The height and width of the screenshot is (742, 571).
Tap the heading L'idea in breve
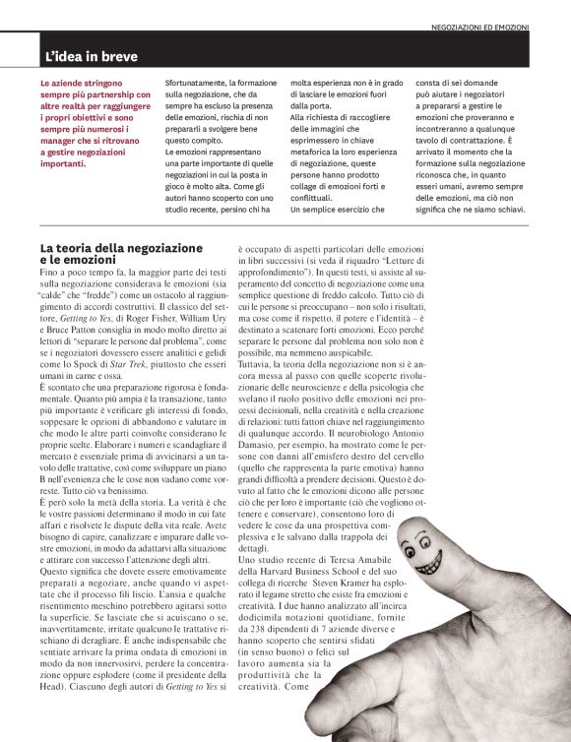(91, 57)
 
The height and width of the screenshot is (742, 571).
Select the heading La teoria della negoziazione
(107, 247)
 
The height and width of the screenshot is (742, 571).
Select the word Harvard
(292, 571)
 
